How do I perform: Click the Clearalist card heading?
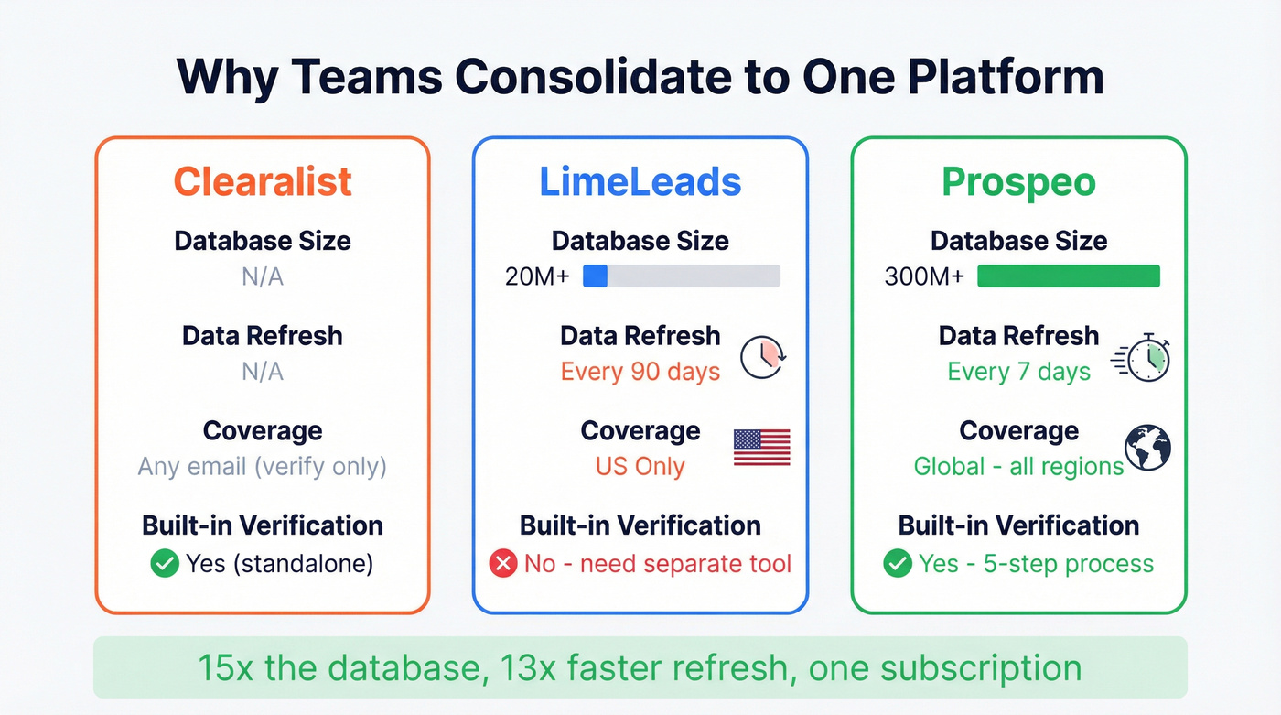pyautogui.click(x=263, y=181)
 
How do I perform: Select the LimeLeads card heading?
pyautogui.click(x=640, y=181)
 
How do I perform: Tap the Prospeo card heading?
pyautogui.click(x=1018, y=181)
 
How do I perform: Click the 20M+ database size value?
pyautogui.click(x=537, y=276)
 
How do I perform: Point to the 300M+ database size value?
pyautogui.click(x=924, y=276)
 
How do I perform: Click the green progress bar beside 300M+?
pyautogui.click(x=1068, y=276)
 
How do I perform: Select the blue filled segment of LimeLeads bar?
pyautogui.click(x=596, y=276)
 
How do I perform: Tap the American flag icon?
pyautogui.click(x=761, y=448)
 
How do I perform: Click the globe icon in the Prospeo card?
pyautogui.click(x=1148, y=449)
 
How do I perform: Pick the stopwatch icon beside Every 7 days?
pyautogui.click(x=1144, y=358)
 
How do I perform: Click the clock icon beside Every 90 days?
pyautogui.click(x=762, y=358)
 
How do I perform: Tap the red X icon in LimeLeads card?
pyautogui.click(x=502, y=563)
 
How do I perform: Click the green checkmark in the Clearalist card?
pyautogui.click(x=165, y=563)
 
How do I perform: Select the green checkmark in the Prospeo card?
pyautogui.click(x=898, y=563)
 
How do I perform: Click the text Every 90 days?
pyautogui.click(x=640, y=372)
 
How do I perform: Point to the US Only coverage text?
pyautogui.click(x=640, y=466)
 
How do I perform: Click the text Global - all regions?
pyautogui.click(x=1018, y=466)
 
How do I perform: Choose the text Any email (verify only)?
pyautogui.click(x=263, y=466)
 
